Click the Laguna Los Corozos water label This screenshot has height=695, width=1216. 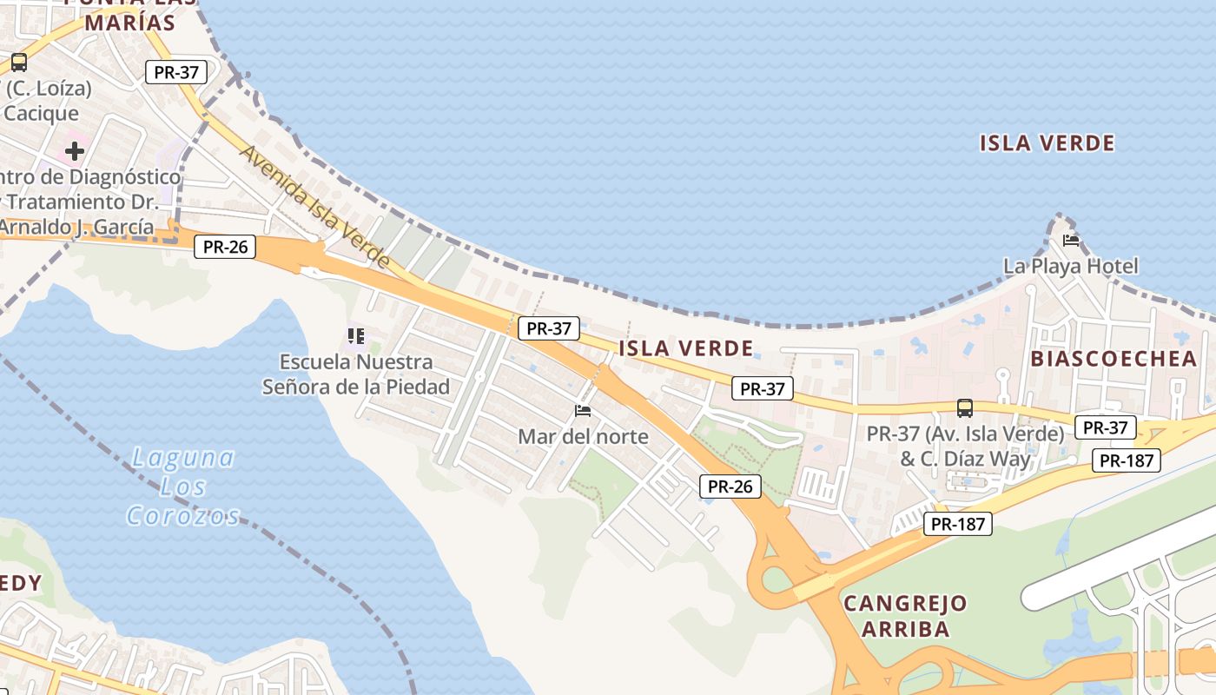[183, 486]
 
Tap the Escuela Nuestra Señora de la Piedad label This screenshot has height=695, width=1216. [356, 374]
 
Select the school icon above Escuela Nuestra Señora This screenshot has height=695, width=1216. [355, 335]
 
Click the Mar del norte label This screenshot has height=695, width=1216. [583, 436]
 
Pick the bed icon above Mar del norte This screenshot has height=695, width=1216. [583, 410]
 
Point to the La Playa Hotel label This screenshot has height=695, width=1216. [1070, 266]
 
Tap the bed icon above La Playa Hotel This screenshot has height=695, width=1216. [1070, 240]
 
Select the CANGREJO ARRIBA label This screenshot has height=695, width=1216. [905, 616]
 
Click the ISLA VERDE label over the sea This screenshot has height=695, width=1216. [1047, 143]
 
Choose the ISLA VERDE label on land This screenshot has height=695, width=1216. [686, 349]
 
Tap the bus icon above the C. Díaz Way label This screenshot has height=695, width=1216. [964, 407]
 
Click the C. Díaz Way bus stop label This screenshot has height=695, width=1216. [965, 446]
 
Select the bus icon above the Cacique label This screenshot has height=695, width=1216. [18, 63]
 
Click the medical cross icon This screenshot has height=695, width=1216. [75, 151]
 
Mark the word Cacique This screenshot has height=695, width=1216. [41, 113]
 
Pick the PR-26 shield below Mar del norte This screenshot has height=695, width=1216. [730, 486]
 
